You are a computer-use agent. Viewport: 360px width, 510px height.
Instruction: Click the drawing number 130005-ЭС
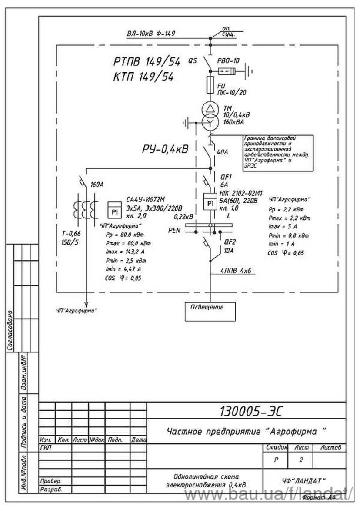pyautogui.click(x=247, y=411)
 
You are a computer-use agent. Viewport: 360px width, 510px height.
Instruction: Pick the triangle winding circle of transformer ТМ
pyautogui.click(x=210, y=108)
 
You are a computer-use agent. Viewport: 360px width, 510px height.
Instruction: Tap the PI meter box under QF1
pyautogui.click(x=210, y=203)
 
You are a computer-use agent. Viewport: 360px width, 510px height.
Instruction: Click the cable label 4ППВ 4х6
pyautogui.click(x=237, y=271)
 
